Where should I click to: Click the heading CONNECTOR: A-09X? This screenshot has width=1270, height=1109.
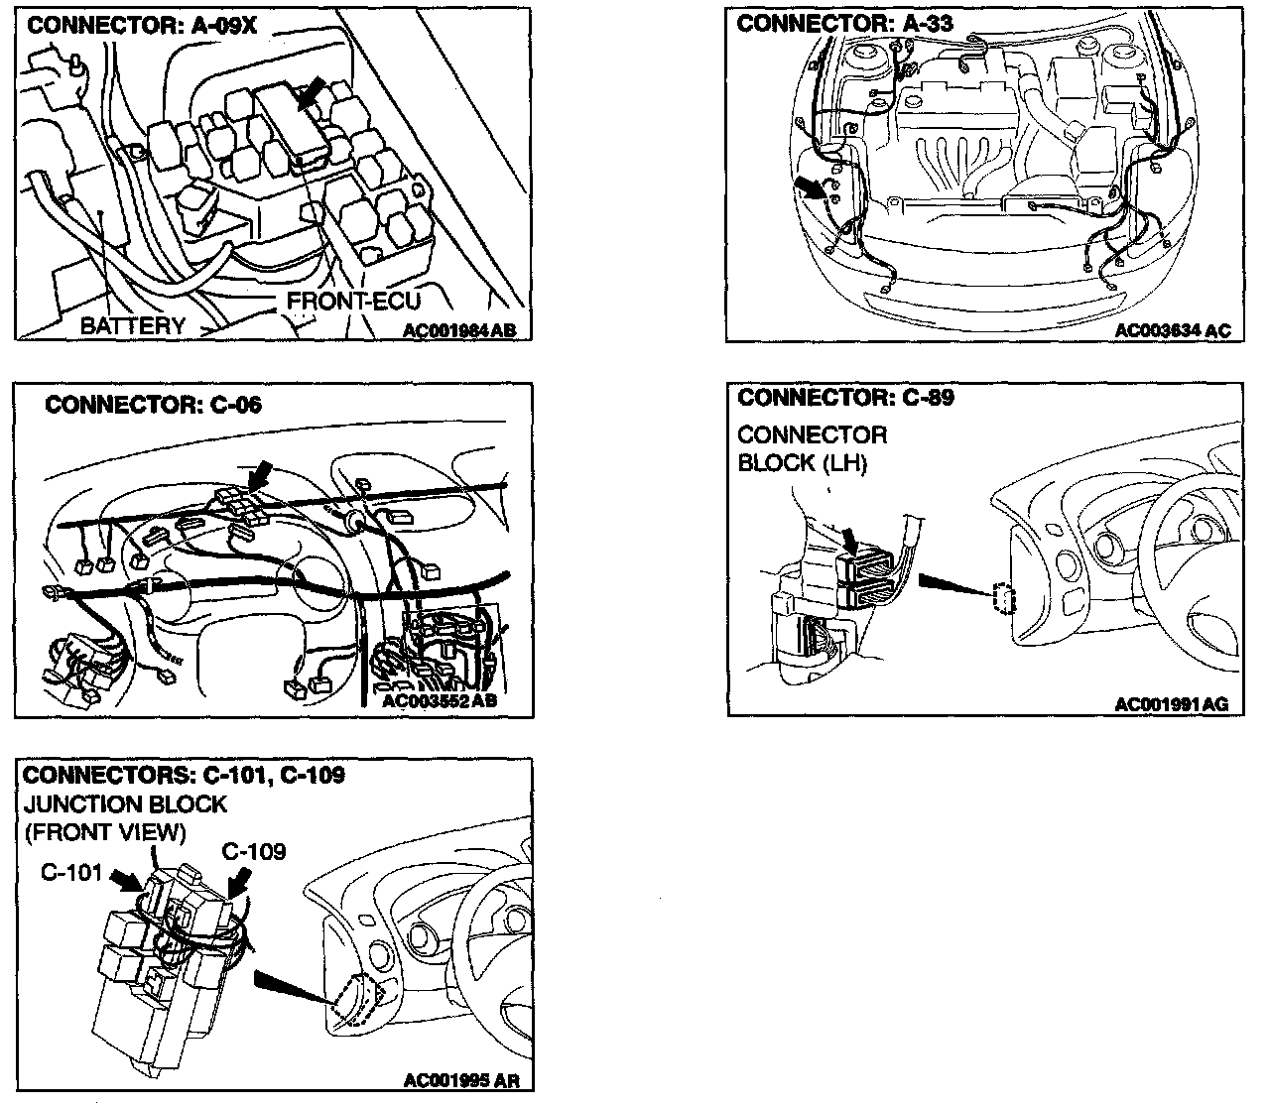(x=142, y=26)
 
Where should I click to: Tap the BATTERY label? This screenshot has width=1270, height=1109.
(x=132, y=325)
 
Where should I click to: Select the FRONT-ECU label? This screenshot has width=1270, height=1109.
(x=354, y=301)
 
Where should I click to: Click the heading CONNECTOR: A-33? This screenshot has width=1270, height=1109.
(x=844, y=24)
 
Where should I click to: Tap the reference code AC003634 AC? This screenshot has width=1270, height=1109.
(x=1172, y=330)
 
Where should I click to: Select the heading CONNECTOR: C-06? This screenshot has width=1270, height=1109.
(x=154, y=405)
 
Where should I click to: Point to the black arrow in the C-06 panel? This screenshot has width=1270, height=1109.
(x=259, y=474)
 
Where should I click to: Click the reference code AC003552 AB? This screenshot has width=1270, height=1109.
(x=439, y=701)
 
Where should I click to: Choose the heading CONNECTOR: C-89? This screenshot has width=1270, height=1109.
(x=845, y=398)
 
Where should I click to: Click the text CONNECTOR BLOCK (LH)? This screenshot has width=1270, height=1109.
(x=813, y=448)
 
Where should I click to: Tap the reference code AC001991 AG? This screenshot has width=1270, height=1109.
(x=1171, y=704)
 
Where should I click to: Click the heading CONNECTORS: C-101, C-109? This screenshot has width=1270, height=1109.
(x=184, y=775)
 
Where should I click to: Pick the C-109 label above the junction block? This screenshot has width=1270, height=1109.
(x=253, y=851)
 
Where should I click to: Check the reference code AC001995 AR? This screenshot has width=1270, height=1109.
(x=462, y=1080)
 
